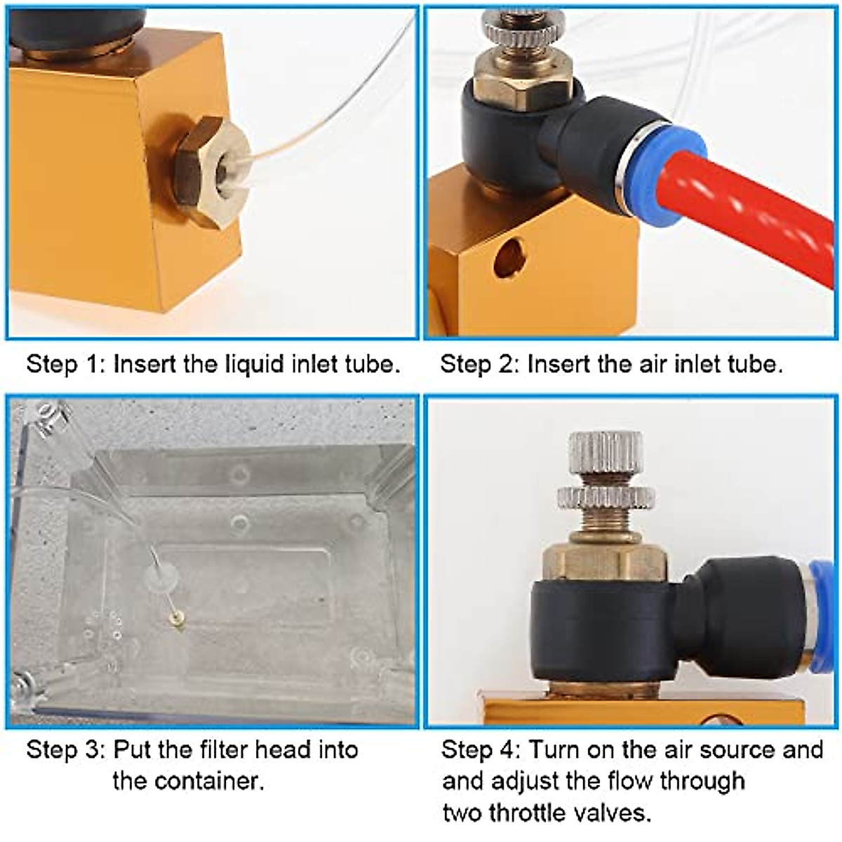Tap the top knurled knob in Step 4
click(605, 453)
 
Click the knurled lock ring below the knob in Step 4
click(605, 497)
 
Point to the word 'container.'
click(188, 781)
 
